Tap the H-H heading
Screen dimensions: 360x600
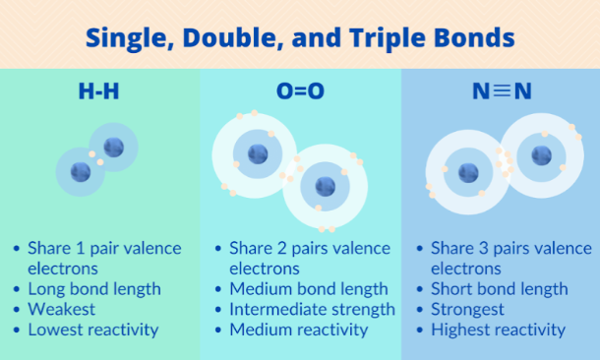(99, 92)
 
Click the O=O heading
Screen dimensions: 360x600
(301, 92)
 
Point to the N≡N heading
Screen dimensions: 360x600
(502, 92)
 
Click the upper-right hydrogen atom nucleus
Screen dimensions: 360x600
(114, 148)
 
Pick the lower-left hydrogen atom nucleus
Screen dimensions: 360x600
(82, 172)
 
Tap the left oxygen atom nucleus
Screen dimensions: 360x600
(257, 153)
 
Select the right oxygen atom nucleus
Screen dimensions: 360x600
(324, 185)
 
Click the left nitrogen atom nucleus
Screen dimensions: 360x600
(468, 172)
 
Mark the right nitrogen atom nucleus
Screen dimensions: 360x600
(541, 154)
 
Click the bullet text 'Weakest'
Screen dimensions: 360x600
(61, 309)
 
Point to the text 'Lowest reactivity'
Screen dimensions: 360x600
(92, 330)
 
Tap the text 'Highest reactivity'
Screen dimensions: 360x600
(498, 330)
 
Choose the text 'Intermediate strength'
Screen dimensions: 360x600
(312, 309)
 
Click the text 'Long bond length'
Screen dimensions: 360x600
(94, 288)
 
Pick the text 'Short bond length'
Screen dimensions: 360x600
(499, 288)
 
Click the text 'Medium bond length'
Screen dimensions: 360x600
(308, 288)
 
